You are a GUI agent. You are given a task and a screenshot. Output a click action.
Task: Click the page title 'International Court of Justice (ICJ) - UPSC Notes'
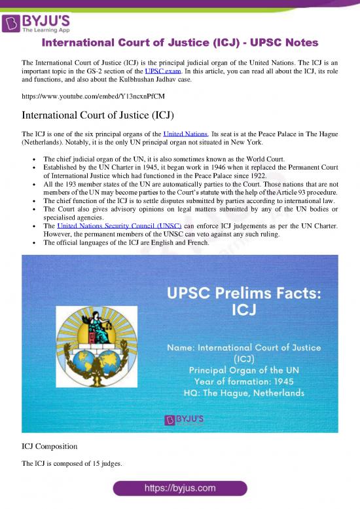(x=180, y=43)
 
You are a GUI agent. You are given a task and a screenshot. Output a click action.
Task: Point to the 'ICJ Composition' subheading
(x=52, y=447)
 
